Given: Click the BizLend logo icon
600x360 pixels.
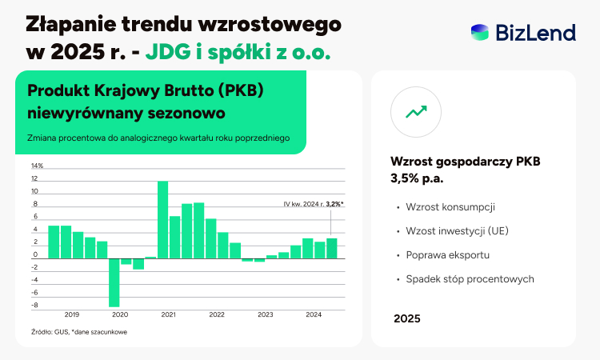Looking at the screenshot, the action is click(480, 33).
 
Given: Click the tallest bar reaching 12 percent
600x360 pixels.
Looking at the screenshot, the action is click(162, 219).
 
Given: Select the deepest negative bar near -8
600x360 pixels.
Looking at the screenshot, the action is click(114, 282).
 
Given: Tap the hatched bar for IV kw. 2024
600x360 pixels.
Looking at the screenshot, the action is click(332, 248).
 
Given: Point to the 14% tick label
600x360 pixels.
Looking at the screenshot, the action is click(37, 166).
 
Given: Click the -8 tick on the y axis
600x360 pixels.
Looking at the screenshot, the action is click(35, 306).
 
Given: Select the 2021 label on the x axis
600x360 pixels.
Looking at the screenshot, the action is click(168, 314).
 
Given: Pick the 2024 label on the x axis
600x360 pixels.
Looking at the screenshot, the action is click(314, 314).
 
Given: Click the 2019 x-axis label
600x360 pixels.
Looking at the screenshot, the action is click(72, 314).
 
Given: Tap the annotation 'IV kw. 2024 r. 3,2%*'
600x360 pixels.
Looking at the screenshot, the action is click(314, 204).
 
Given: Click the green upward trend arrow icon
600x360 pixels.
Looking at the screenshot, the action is click(416, 112).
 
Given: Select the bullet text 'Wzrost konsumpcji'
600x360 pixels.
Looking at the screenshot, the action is click(450, 207).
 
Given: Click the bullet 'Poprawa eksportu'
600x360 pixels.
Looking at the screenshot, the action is click(448, 255).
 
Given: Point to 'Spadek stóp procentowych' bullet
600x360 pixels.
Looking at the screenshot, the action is click(470, 279).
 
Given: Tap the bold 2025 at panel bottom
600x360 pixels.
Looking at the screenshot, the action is click(407, 318).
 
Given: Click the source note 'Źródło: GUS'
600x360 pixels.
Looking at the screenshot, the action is click(50, 332).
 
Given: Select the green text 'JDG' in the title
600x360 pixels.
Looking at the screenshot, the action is click(168, 52).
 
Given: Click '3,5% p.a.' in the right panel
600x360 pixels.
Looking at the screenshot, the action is click(417, 178).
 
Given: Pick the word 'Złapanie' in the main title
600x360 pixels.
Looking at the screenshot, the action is click(70, 25).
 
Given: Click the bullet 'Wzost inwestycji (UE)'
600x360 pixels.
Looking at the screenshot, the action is click(458, 231).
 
